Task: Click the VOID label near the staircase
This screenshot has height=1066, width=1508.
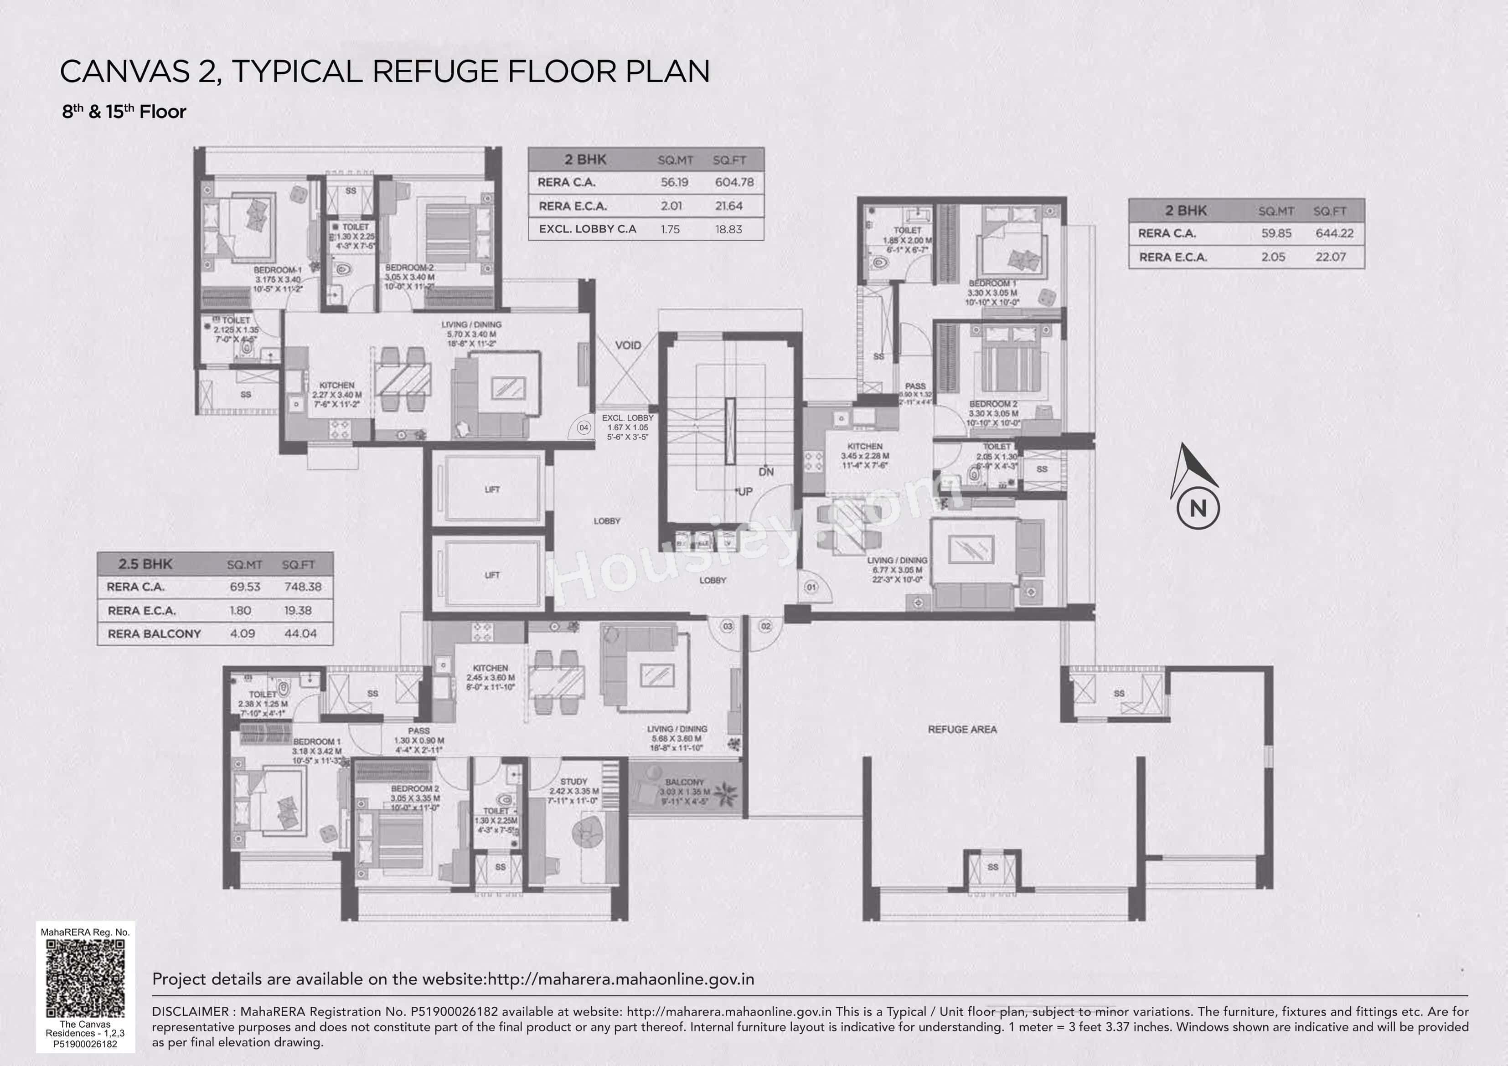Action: (628, 345)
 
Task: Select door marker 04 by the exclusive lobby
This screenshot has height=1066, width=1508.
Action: (583, 427)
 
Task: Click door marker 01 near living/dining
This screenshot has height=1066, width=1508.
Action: (811, 587)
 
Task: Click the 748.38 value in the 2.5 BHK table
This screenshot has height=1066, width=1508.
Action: (302, 587)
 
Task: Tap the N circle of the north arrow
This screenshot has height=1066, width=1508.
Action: (1198, 508)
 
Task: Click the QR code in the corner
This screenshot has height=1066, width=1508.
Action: (85, 978)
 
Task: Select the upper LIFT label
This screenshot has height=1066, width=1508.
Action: (492, 489)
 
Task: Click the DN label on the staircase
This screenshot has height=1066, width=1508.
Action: (766, 472)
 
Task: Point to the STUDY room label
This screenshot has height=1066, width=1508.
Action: (573, 782)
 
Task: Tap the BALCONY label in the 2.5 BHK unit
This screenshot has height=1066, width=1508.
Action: (684, 782)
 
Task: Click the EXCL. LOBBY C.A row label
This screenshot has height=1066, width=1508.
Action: (587, 229)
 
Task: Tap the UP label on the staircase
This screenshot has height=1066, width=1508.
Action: (745, 491)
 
